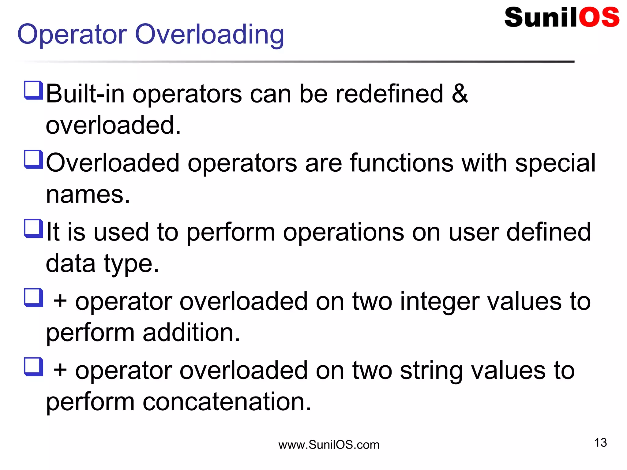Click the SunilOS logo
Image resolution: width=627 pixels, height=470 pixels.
(561, 17)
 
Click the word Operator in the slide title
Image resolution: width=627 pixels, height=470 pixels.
(72, 34)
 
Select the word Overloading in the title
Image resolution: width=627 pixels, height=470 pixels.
(209, 35)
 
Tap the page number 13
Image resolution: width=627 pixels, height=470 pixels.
(600, 442)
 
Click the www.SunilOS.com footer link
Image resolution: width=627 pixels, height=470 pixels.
(329, 445)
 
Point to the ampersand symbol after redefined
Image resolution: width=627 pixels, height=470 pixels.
(460, 93)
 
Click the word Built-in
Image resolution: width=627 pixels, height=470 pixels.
(85, 94)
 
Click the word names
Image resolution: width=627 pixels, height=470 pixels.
(88, 195)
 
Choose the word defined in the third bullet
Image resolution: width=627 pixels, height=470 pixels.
(549, 232)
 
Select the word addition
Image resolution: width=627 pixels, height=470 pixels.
(191, 333)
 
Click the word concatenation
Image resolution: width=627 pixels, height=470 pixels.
(227, 402)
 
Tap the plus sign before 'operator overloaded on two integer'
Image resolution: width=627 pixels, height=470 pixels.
(60, 301)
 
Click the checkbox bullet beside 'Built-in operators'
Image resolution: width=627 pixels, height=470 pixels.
(33, 90)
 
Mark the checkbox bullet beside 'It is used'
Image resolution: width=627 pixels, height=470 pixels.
(33, 229)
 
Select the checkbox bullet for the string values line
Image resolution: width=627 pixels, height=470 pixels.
(33, 367)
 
